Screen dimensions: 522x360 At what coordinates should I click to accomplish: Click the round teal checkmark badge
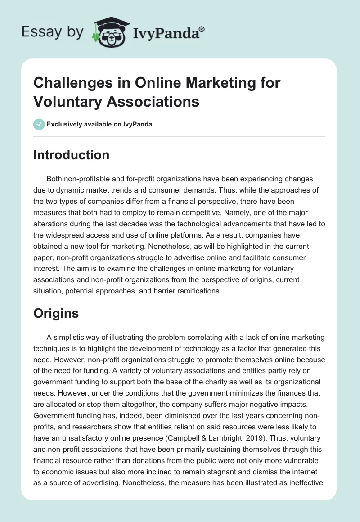(x=39, y=124)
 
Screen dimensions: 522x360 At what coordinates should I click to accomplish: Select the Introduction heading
(x=72, y=155)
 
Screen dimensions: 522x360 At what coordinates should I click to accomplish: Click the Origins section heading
(x=56, y=313)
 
